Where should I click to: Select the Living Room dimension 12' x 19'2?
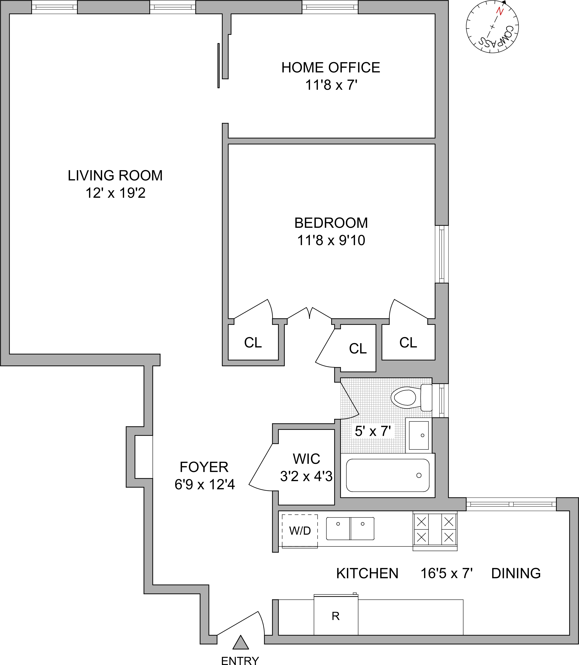click(x=115, y=193)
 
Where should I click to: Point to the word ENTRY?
click(x=240, y=660)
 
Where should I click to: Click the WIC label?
click(x=306, y=459)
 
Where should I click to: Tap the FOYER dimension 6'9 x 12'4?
click(x=204, y=485)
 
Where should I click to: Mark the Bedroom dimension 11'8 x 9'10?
click(x=331, y=240)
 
